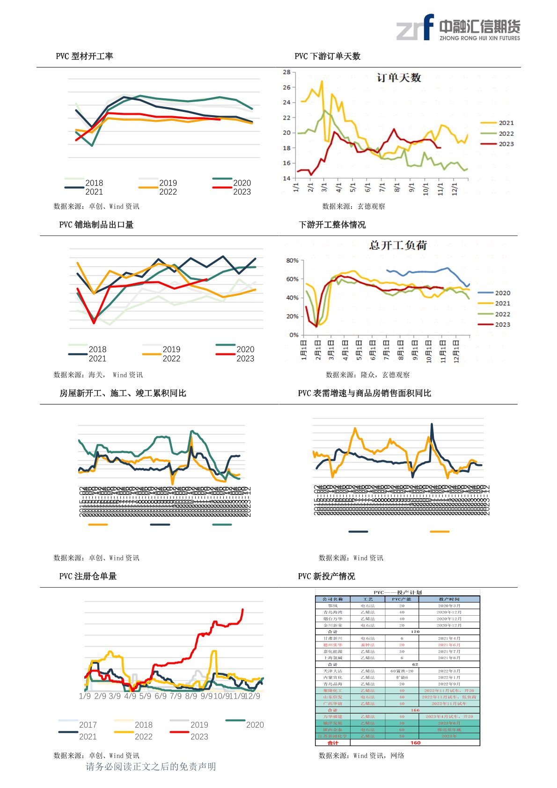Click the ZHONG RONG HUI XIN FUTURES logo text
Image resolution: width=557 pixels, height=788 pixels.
click(479, 38)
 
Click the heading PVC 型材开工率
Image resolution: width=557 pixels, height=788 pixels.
click(84, 56)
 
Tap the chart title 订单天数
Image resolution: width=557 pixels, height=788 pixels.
click(399, 78)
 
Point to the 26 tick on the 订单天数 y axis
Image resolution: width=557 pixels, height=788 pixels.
click(286, 88)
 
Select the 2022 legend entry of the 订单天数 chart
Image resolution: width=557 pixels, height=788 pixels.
click(497, 133)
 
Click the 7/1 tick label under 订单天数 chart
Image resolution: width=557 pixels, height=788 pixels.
click(382, 187)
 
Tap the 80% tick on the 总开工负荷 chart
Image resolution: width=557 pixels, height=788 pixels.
click(292, 260)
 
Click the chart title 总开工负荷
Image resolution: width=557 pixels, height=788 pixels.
click(398, 245)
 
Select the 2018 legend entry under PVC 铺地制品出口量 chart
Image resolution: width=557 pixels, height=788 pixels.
click(88, 349)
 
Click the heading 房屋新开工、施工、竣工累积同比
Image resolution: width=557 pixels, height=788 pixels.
click(123, 393)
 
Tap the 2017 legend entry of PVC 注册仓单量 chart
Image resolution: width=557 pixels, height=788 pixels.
click(78, 725)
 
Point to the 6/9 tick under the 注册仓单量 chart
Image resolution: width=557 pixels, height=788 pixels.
click(161, 696)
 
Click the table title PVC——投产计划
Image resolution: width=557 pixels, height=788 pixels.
click(397, 592)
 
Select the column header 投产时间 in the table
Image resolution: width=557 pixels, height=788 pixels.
click(449, 599)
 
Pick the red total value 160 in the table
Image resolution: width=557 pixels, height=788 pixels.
click(415, 743)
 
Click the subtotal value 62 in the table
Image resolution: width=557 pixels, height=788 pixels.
click(415, 664)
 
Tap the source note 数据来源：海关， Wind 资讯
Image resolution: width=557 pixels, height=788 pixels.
click(98, 375)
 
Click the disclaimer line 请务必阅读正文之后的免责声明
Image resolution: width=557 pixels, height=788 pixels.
click(151, 766)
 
